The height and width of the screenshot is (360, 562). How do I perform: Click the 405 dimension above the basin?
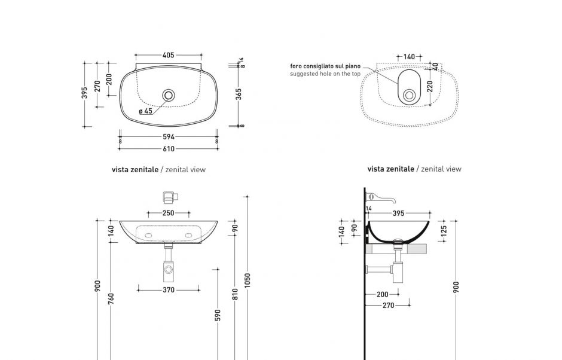(169, 56)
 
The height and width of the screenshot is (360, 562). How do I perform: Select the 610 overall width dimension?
(169, 149)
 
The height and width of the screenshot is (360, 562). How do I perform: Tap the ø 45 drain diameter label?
(145, 111)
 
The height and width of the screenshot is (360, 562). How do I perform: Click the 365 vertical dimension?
(239, 94)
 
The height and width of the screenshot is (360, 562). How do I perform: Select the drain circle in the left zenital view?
(169, 94)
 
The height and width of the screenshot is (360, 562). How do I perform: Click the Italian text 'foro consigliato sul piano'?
(325, 66)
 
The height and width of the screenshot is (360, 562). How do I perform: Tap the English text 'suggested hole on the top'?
(325, 74)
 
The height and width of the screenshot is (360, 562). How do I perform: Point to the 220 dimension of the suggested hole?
(429, 88)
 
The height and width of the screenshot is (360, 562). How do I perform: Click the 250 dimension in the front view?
(168, 213)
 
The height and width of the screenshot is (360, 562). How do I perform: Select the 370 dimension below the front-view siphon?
(169, 290)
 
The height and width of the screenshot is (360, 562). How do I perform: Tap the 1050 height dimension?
(248, 279)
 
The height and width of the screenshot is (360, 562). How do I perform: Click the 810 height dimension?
(235, 294)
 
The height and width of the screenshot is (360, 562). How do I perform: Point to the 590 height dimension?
(218, 315)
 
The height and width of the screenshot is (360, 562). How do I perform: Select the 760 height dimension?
(111, 298)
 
